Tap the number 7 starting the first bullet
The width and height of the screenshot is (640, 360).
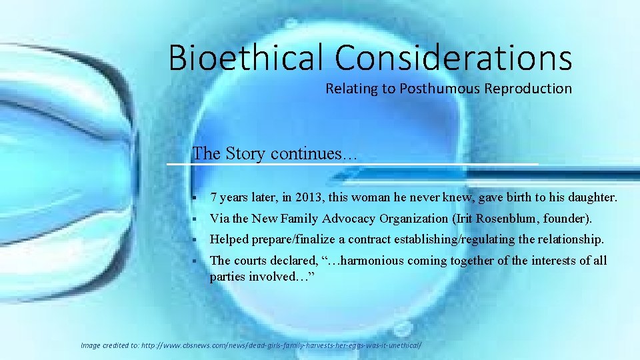tap(213, 197)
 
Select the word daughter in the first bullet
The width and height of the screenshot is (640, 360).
tap(589, 197)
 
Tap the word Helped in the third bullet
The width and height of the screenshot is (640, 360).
tap(229, 239)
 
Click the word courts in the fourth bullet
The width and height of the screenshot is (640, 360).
tap(250, 260)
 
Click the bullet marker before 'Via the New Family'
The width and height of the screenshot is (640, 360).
tap(192, 219)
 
